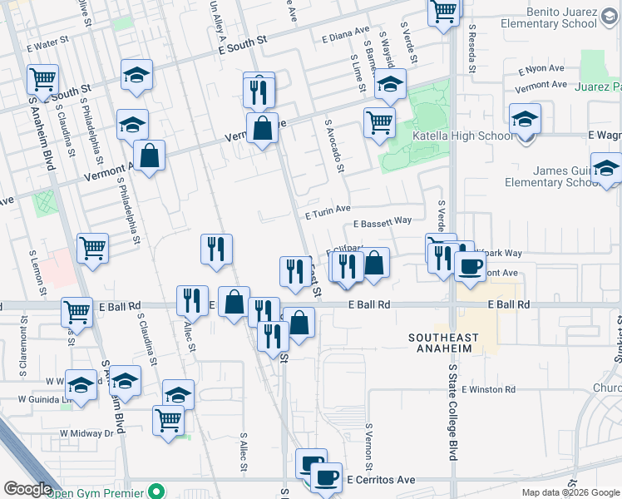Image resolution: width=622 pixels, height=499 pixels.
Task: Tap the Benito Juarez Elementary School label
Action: click(550, 17)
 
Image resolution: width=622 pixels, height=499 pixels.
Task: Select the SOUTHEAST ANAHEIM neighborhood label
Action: click(445, 343)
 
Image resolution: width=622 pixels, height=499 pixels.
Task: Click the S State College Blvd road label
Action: click(453, 411)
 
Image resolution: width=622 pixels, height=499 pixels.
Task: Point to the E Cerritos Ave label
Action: click(381, 480)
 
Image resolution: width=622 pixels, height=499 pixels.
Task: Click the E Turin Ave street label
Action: click(328, 214)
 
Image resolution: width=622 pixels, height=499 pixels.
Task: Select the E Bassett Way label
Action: click(383, 222)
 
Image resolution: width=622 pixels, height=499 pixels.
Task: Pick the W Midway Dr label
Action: click(86, 433)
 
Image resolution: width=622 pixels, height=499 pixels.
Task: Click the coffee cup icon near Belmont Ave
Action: click(470, 266)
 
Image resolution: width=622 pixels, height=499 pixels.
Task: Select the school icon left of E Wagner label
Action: click(525, 119)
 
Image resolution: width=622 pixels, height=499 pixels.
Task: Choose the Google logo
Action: click(27, 489)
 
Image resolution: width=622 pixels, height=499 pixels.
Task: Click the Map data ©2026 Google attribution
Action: click(570, 492)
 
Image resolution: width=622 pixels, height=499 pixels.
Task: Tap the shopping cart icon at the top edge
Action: click(444, 12)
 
